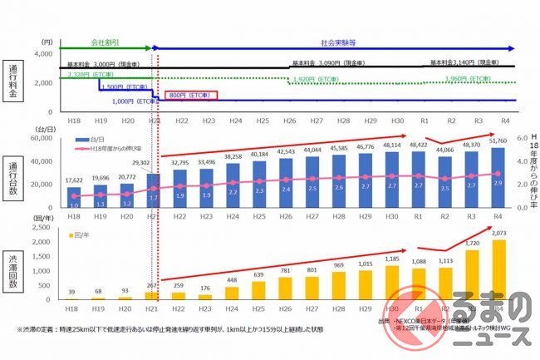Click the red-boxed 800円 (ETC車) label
(191, 96)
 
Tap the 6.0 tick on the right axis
(513, 139)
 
